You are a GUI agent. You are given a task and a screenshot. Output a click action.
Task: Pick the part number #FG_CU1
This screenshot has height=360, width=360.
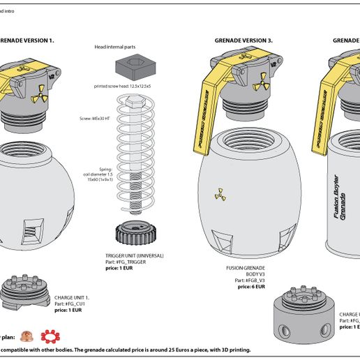click(70, 303)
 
